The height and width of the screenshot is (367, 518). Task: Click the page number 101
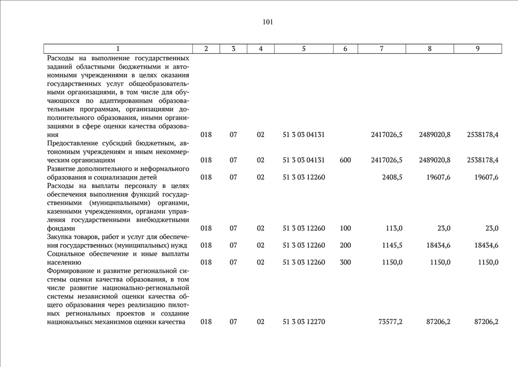[x=267, y=22]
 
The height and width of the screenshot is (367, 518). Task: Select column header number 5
[x=304, y=49]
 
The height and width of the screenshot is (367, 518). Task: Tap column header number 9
[x=477, y=49]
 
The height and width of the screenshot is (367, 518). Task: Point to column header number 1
[x=118, y=49]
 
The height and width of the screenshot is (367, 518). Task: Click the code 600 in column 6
[x=345, y=160]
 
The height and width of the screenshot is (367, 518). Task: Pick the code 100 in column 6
[x=345, y=228]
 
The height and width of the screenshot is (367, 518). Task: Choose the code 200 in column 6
[x=345, y=245]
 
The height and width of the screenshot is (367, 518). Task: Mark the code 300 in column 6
[x=345, y=263]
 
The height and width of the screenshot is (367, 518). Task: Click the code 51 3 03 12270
[x=304, y=322]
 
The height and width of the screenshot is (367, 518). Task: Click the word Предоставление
[x=74, y=143]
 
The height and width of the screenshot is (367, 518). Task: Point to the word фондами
[x=61, y=228]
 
